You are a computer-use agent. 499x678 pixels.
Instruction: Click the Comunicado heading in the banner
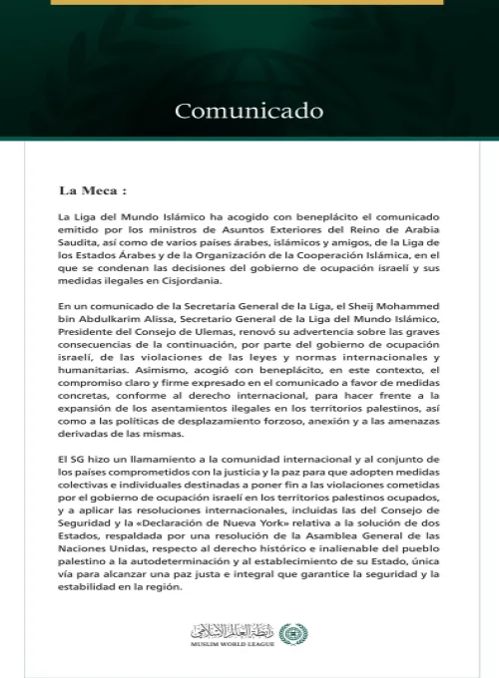(249, 110)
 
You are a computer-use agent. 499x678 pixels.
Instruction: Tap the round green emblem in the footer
(293, 633)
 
